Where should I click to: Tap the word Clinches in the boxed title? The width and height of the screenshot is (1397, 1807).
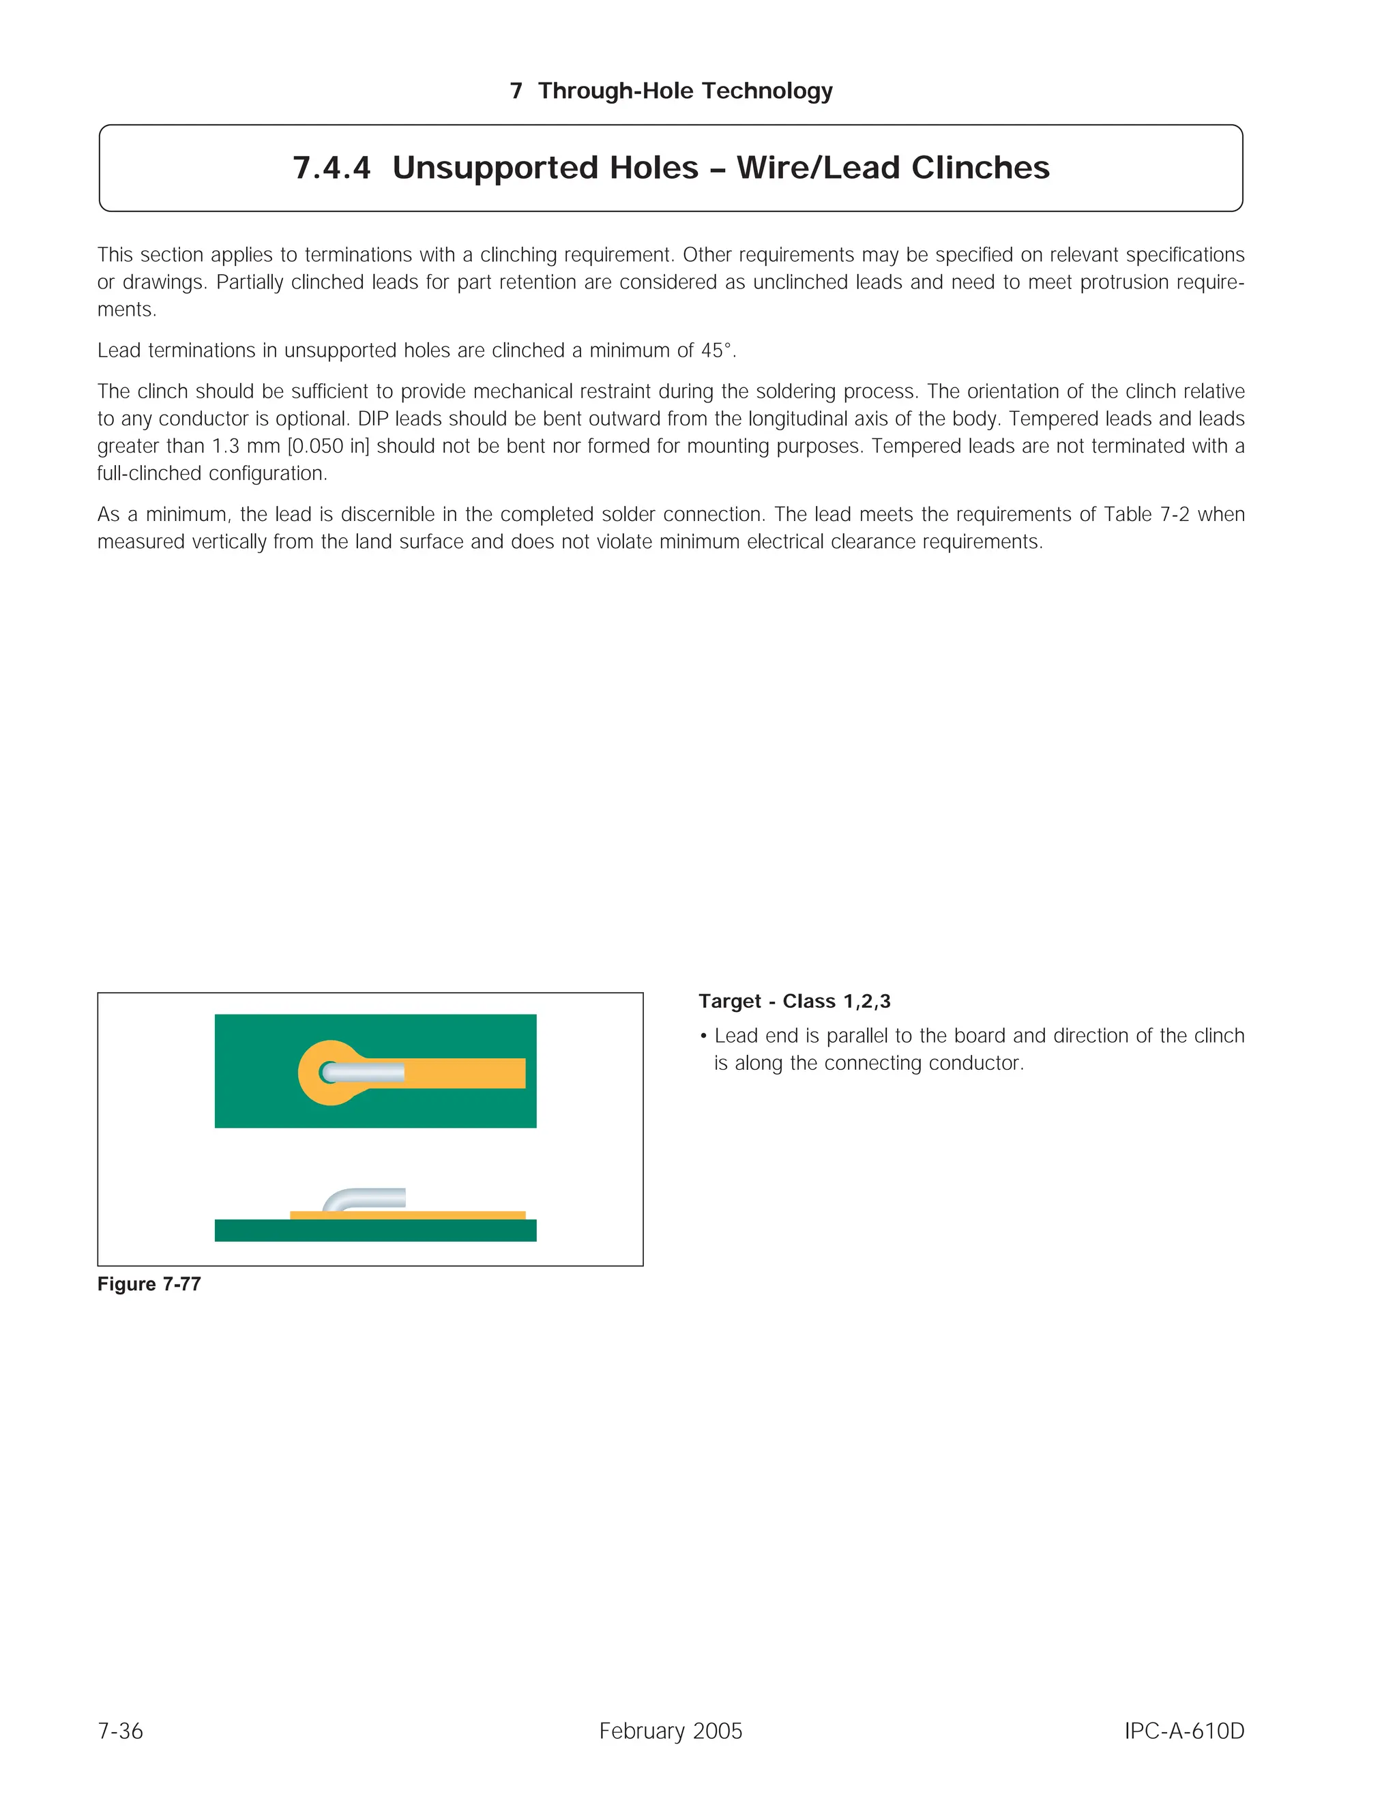pos(980,168)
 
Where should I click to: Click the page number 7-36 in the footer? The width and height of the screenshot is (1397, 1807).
pos(120,1731)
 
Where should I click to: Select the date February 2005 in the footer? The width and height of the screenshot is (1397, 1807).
pos(671,1731)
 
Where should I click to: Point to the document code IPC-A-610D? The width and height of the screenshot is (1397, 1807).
pos(1183,1731)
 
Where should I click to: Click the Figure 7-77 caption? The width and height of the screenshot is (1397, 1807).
pos(149,1284)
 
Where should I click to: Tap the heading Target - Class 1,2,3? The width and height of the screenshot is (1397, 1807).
pos(795,1001)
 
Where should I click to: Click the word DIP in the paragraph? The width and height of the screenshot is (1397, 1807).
pos(372,419)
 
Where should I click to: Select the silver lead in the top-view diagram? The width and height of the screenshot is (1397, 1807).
pos(364,1073)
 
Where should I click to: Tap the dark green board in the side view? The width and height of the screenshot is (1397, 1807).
pos(375,1230)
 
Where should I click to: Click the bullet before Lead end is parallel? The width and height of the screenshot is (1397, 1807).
pos(703,1036)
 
